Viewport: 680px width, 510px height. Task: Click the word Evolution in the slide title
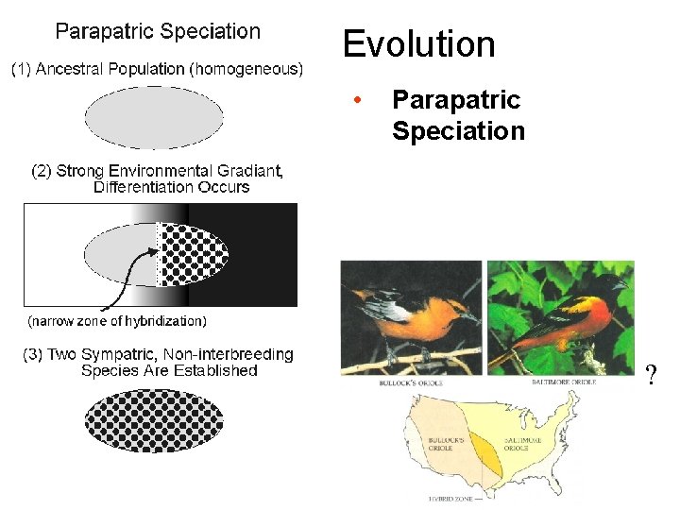(x=418, y=44)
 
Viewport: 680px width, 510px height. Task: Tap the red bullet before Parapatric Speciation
(x=356, y=101)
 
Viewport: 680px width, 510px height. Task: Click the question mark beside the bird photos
(x=650, y=377)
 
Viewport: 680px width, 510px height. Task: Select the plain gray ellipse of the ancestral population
(x=154, y=118)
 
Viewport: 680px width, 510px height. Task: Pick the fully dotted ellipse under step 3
(x=154, y=419)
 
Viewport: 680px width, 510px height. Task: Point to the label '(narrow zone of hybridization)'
(x=117, y=321)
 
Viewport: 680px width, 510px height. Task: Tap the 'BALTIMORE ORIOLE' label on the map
(x=515, y=444)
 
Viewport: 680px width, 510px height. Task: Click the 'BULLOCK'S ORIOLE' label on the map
(x=441, y=444)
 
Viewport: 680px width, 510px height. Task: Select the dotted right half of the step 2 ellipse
(x=189, y=254)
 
